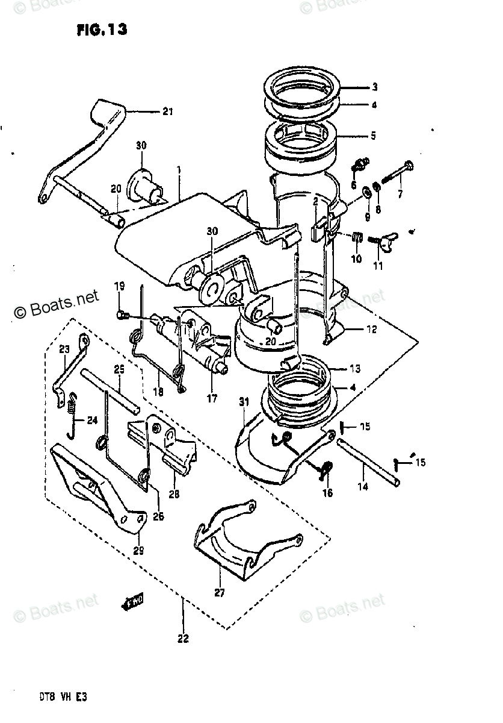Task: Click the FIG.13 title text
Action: pyautogui.click(x=102, y=30)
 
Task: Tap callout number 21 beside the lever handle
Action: pyautogui.click(x=167, y=111)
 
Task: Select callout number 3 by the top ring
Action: pyautogui.click(x=374, y=86)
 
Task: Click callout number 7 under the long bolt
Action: pyautogui.click(x=400, y=193)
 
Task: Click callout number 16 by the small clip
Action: pyautogui.click(x=327, y=493)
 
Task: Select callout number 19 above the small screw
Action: pyautogui.click(x=120, y=285)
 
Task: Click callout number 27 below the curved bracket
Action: pyautogui.click(x=219, y=593)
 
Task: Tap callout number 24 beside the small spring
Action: pyautogui.click(x=91, y=421)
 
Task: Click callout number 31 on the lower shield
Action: pyautogui.click(x=243, y=402)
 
